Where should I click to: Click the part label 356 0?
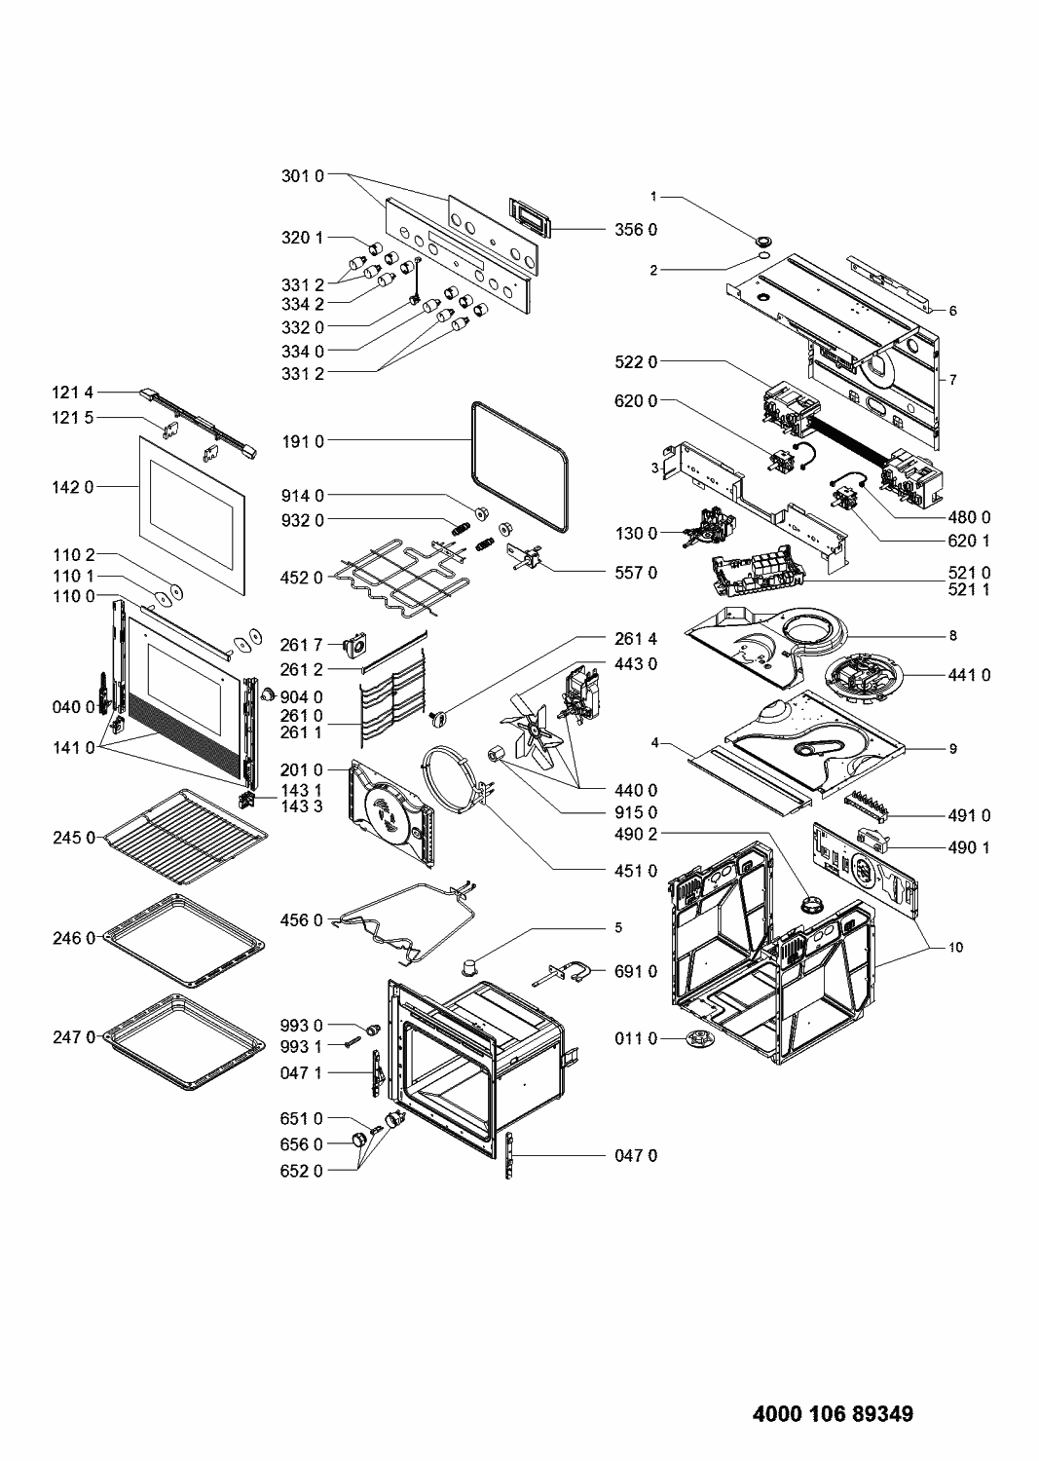(636, 230)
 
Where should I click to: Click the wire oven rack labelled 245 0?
(186, 835)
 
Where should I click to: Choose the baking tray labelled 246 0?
(184, 940)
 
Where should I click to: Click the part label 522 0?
(636, 361)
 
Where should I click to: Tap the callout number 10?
(955, 947)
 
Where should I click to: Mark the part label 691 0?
(636, 971)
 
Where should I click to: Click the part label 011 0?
(636, 1039)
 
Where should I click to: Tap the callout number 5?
(617, 927)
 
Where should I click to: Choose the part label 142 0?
(73, 486)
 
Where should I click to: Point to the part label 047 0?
(636, 1155)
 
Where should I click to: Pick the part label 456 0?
(303, 919)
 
